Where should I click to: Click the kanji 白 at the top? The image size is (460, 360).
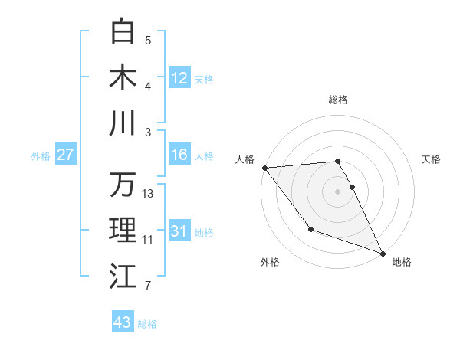123,31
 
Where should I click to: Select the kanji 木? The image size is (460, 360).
123,77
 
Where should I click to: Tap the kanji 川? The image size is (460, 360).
123,123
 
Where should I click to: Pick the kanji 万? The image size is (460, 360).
123,185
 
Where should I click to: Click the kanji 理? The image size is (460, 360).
123,230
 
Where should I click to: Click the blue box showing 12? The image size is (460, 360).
179,78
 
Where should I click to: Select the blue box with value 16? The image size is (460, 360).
179,155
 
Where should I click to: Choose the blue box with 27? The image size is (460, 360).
65,155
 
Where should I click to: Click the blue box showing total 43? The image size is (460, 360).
123,322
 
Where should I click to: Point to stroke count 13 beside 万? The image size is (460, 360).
148,194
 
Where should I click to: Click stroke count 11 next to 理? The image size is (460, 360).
148,240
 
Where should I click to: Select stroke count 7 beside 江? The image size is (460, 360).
148,286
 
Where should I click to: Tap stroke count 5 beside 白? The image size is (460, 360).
148,41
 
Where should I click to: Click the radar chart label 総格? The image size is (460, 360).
338,100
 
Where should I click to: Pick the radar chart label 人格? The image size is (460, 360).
246,159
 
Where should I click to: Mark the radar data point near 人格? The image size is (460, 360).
264,168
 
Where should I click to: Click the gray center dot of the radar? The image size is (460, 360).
337,191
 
